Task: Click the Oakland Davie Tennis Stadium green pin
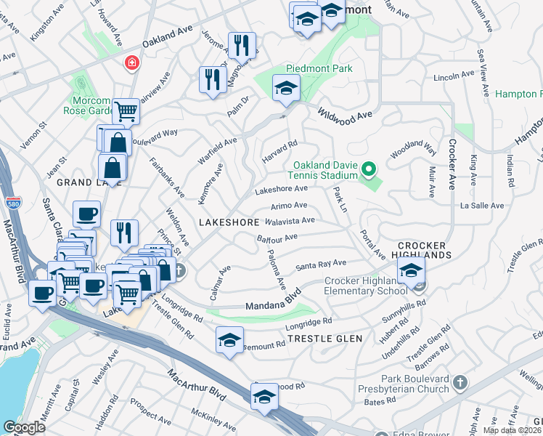[369, 171]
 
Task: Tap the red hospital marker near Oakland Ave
[131, 62]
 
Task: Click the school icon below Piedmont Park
[286, 89]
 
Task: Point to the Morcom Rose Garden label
[92, 105]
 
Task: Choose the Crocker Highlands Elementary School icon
[411, 272]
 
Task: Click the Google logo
[24, 427]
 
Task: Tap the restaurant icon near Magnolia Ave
[241, 46]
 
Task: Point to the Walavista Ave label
[290, 220]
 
